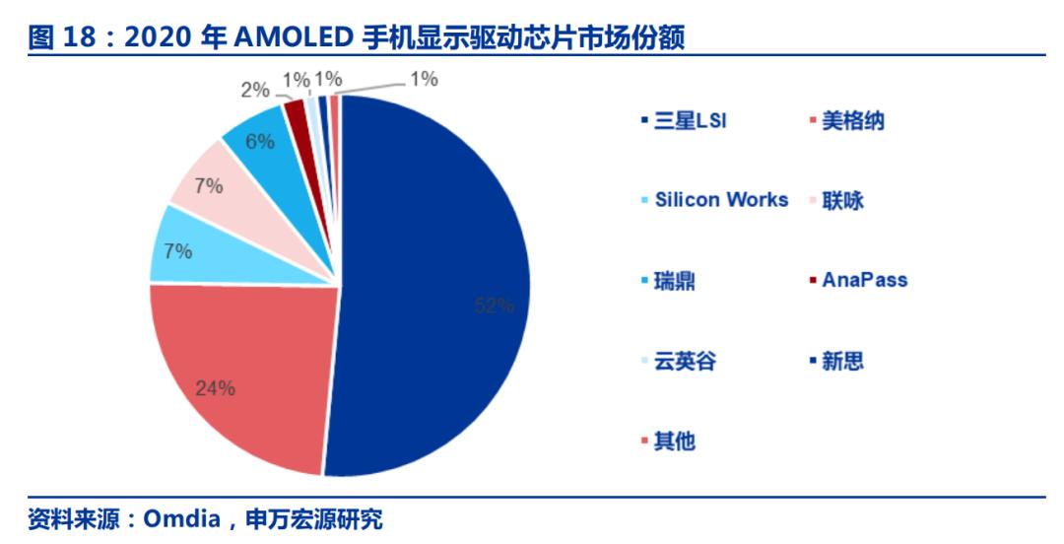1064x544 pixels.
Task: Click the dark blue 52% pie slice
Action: pos(434,285)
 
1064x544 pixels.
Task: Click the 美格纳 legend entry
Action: pos(847,121)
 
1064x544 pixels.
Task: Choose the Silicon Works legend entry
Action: pos(715,200)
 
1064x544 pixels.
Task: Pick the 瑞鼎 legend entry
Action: pos(668,281)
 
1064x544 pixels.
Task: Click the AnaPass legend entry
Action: pos(858,280)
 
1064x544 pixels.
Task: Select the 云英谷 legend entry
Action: pos(679,361)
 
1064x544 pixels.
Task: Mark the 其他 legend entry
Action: pos(668,442)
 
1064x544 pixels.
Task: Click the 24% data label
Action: pos(215,388)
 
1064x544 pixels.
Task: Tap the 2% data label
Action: pos(255,90)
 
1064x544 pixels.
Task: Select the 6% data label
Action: pos(260,141)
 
